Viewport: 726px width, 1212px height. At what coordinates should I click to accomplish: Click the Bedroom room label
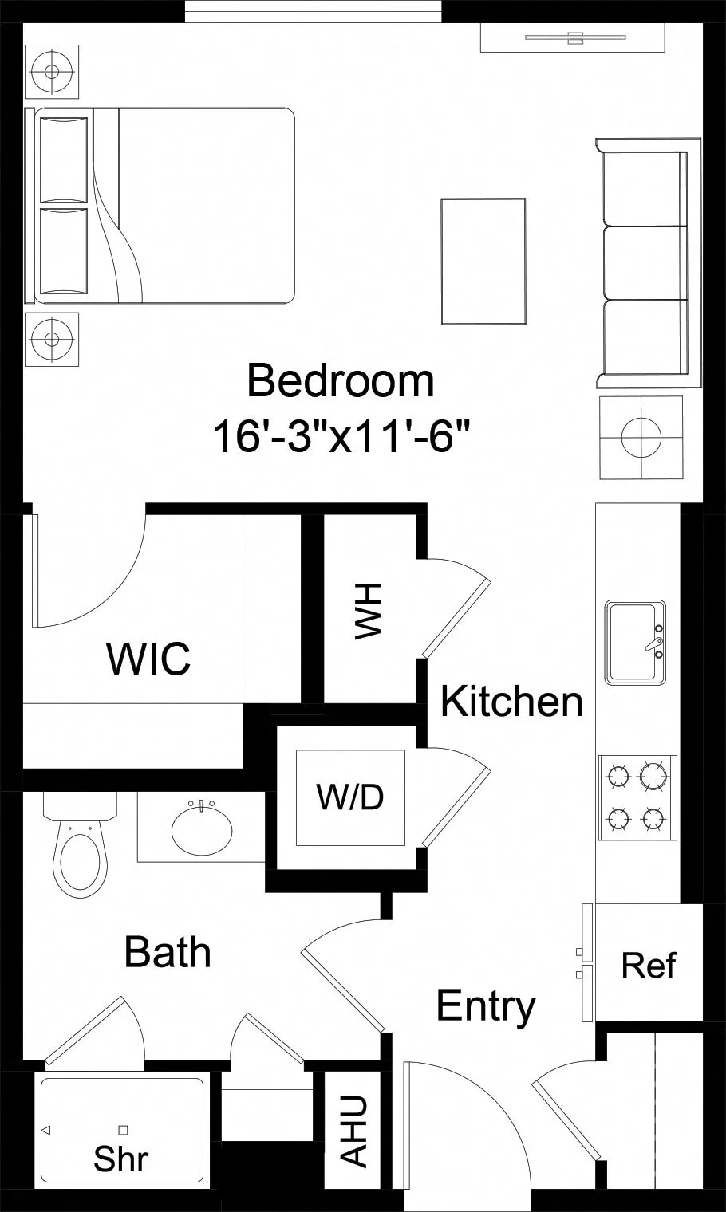341,381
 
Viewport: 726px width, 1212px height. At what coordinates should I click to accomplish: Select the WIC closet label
148,659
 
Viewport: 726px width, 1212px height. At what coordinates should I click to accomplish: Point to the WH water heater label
369,611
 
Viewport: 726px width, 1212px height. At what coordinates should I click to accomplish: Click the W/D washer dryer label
349,797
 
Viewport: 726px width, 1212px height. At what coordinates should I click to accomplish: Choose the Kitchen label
511,702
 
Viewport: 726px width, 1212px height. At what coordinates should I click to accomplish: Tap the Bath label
168,952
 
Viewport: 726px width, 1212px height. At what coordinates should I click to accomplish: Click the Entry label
486,1006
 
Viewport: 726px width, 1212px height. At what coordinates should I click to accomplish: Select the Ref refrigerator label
648,966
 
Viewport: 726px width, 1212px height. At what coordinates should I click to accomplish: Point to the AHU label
354,1131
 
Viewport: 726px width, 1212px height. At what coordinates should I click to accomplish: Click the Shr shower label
120,1159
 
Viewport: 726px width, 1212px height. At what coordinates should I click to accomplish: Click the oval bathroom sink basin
202,831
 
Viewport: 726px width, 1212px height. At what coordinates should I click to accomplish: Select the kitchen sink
635,642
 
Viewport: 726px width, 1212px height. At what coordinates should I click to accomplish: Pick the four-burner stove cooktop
637,797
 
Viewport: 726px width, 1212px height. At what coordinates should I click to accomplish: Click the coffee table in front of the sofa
483,262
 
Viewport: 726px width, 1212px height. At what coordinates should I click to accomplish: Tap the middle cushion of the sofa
645,263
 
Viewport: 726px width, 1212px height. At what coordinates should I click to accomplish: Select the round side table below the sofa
641,438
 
